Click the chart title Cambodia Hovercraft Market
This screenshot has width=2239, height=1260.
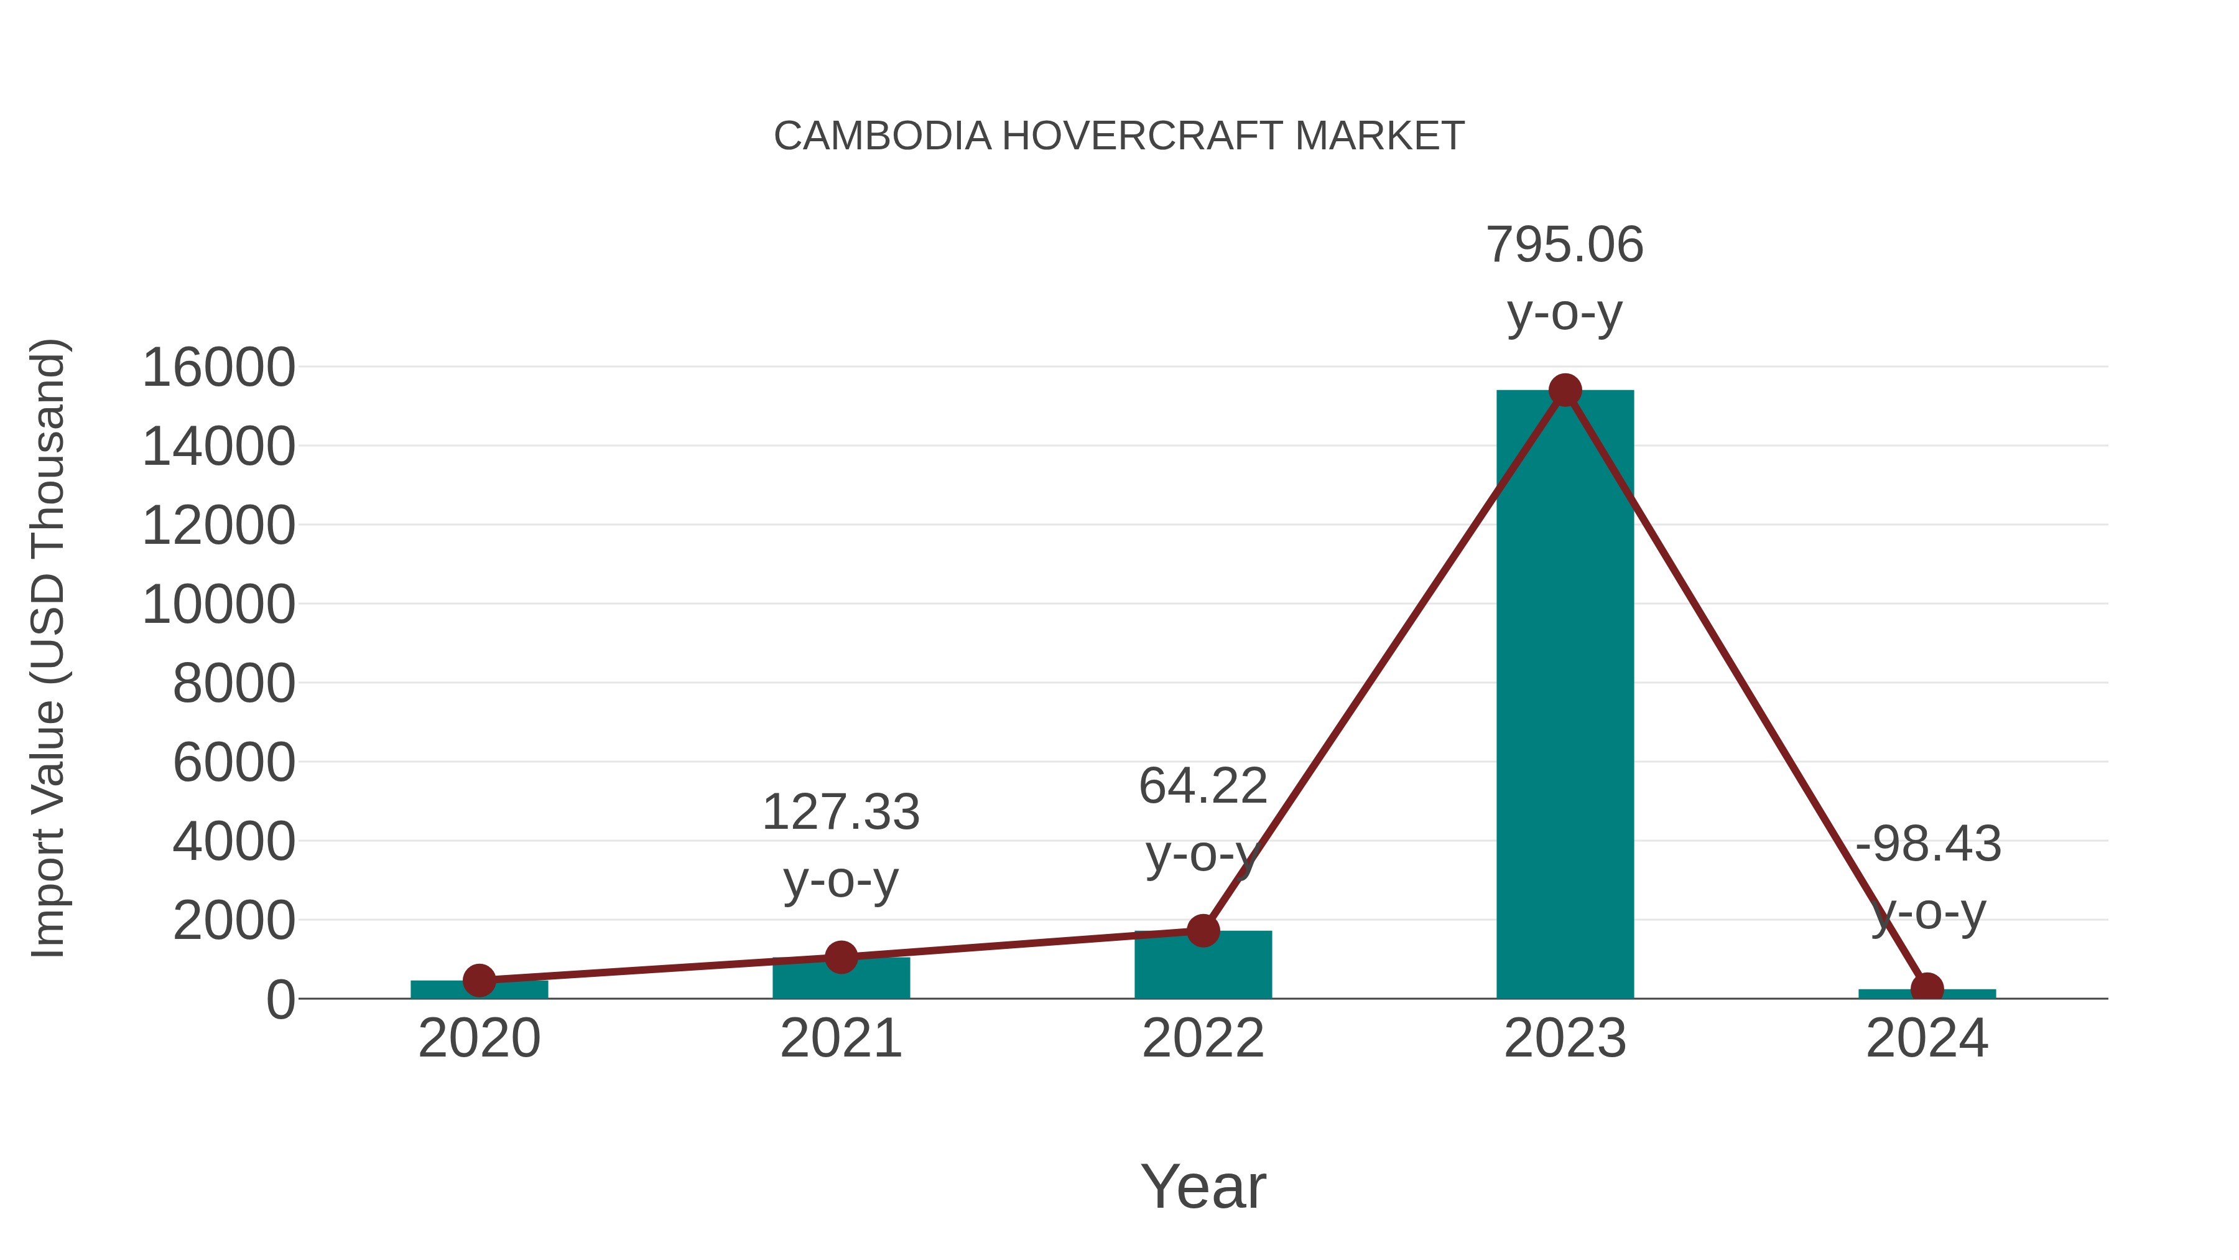point(1119,136)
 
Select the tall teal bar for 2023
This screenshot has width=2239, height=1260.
point(1565,696)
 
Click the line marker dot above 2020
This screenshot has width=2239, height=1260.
point(479,980)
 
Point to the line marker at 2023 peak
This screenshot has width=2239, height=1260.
point(1565,390)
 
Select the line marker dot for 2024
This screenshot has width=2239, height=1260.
point(1927,989)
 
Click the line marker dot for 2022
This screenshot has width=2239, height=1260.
point(1203,930)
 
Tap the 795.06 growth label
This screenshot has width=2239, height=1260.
point(1565,245)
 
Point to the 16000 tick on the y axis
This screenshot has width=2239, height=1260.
point(218,367)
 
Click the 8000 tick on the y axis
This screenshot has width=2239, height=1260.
point(234,683)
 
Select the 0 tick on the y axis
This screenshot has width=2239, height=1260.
point(280,999)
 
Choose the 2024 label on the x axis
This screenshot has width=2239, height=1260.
point(1927,1038)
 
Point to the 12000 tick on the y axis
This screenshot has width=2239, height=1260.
point(218,525)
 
